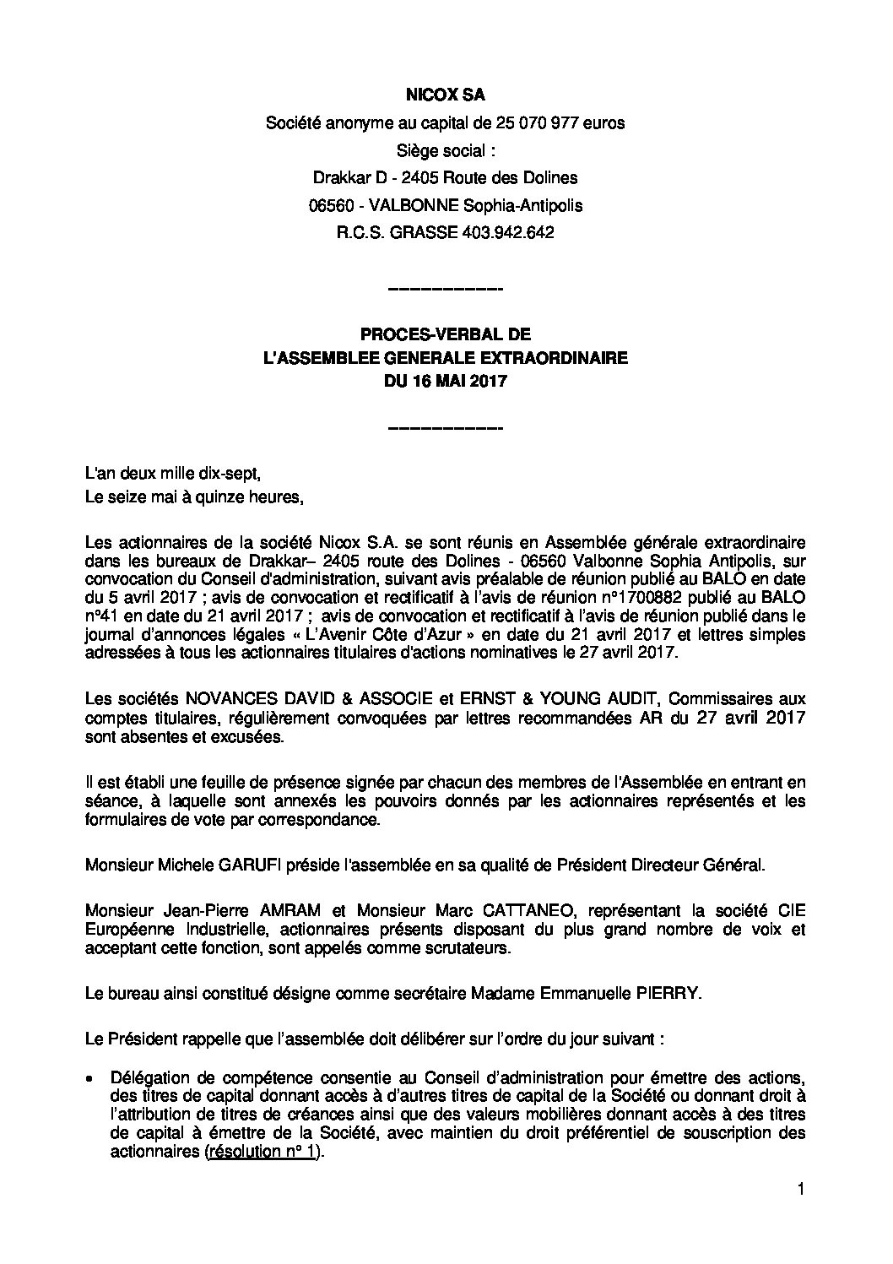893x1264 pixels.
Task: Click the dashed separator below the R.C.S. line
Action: coord(445,290)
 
